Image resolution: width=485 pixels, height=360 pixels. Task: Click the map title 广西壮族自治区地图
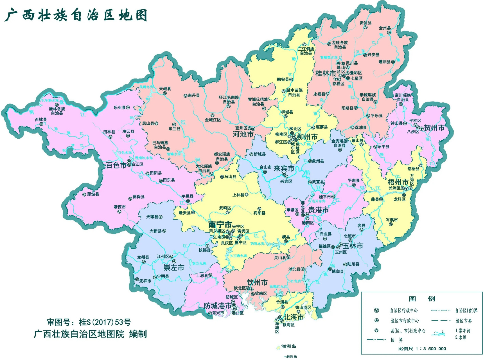pos(76,15)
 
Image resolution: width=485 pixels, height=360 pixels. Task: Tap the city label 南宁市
pos(220,224)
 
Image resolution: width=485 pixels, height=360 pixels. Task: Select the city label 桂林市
pos(326,73)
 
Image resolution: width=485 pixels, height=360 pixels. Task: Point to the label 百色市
pos(116,165)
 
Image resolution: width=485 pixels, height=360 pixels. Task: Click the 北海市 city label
pos(294,317)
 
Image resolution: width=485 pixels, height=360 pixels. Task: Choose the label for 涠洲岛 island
pos(288,346)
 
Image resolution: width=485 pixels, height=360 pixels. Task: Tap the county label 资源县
pos(366,23)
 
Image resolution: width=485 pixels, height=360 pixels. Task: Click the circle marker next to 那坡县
pos(84,194)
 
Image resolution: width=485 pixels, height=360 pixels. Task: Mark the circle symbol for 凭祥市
pos(137,280)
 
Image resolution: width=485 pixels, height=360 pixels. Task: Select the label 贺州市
pos(434,128)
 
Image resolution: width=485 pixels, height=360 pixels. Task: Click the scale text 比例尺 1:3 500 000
pos(422,348)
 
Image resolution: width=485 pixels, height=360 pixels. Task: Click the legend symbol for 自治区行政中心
pos(376,310)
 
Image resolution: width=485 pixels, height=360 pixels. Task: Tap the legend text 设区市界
pos(464,321)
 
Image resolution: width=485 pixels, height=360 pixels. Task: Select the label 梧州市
pos(398,182)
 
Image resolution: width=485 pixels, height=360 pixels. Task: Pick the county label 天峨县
pos(165,89)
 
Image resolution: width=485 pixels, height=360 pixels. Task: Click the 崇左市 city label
pos(174,267)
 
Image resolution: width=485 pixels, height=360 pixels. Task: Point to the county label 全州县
pos(385,28)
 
